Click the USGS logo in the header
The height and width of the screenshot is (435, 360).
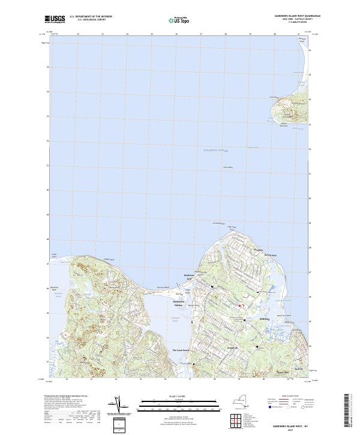tap(54, 19)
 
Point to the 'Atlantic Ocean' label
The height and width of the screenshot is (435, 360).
tap(217, 148)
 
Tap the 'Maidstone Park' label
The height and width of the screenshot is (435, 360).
tap(190, 278)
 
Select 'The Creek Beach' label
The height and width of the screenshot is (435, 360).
tap(181, 350)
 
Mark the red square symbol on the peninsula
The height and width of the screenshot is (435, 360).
tap(240, 306)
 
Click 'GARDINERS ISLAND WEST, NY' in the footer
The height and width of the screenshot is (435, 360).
tap(295, 422)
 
